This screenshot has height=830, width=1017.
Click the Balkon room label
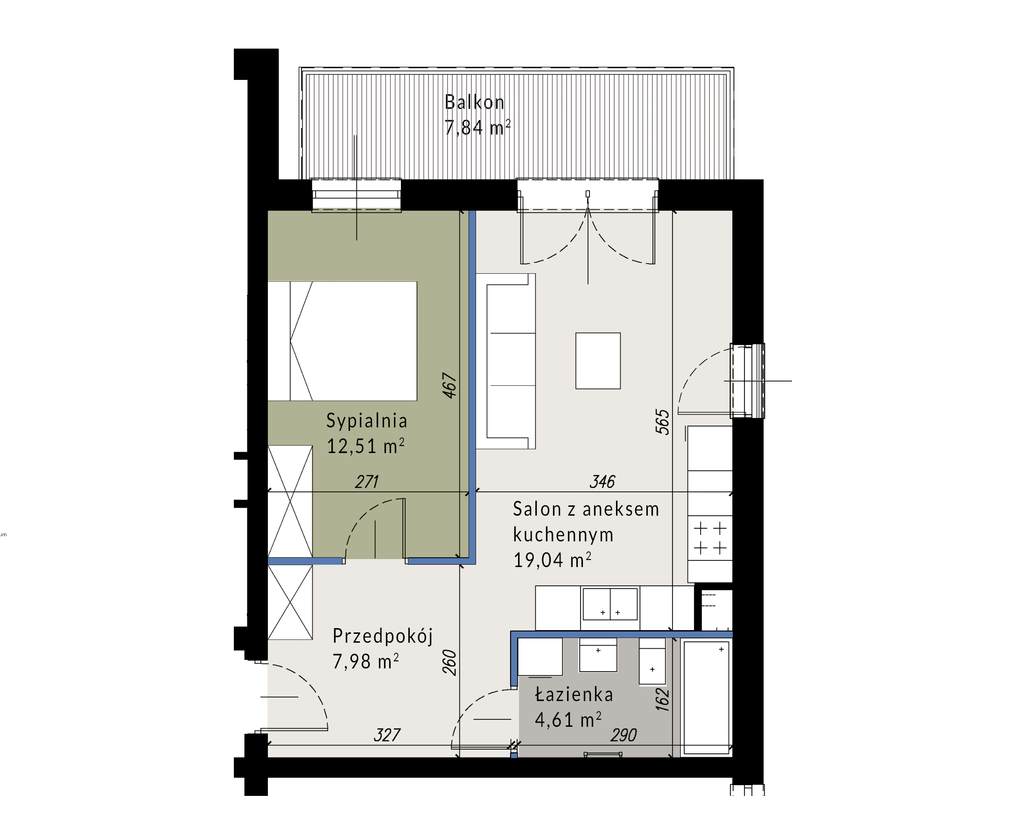coord(474,102)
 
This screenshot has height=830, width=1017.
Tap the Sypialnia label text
coord(366,421)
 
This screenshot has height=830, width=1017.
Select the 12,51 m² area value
coord(365,446)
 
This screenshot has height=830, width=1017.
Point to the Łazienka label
coord(574,694)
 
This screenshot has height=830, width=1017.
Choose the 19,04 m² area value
coord(552,560)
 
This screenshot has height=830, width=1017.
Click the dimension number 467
coord(449,385)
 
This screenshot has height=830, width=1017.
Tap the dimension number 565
coord(662,422)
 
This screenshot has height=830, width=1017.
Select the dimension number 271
coord(367,482)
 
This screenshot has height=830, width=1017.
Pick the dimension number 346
coord(603,482)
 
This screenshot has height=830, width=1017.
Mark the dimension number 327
coord(387,735)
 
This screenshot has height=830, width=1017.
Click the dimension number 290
coord(624,735)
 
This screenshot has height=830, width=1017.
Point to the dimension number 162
coord(662,699)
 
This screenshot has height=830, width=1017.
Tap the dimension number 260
coord(449,662)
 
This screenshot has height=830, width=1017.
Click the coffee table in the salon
coord(597,361)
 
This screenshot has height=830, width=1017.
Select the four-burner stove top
coord(710,538)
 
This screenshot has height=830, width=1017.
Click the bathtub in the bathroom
coord(706,697)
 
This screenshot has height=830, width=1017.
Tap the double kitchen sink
coord(610,604)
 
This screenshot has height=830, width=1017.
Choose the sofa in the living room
coord(506,361)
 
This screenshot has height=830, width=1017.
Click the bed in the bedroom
coord(342,341)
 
